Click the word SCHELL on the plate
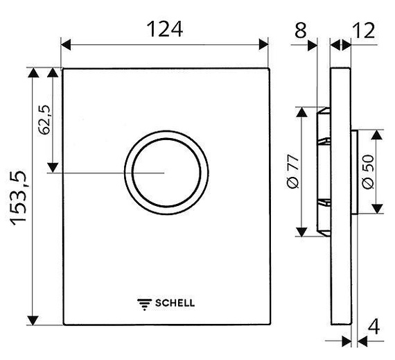coord(175,302)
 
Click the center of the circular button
coord(166,172)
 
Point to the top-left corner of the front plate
coord(62,69)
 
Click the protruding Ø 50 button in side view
coord(353,171)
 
